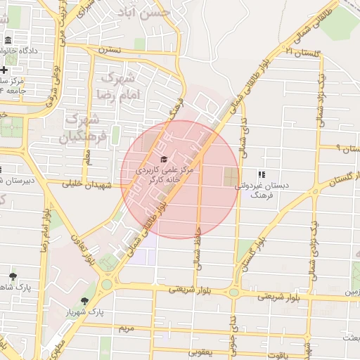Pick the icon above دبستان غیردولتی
tap(261, 174)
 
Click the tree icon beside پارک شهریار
tap(85, 301)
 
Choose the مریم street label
tap(125, 328)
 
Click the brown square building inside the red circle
tap(231, 177)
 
